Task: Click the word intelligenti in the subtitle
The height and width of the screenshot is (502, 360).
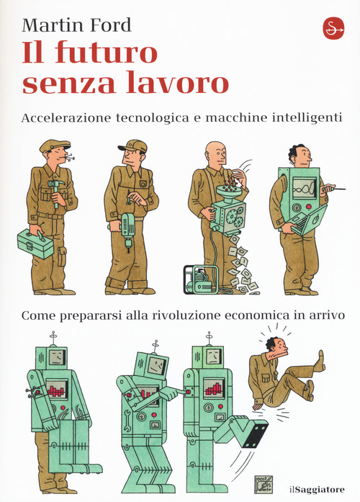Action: pyautogui.click(x=305, y=117)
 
